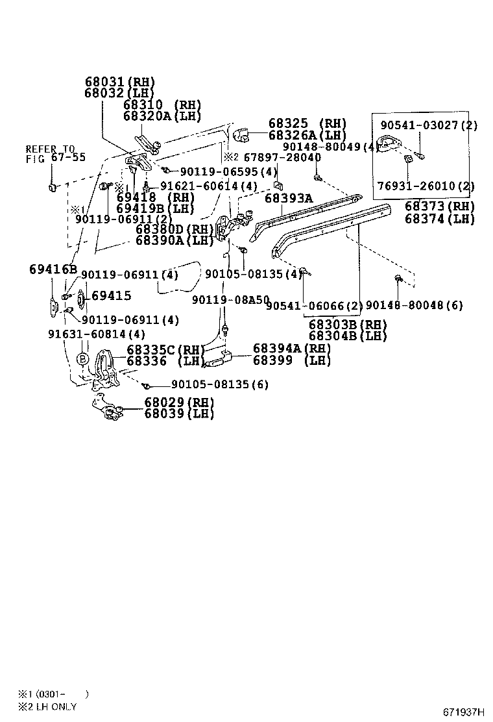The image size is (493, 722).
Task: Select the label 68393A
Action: click(x=288, y=197)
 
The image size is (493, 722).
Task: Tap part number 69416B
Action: click(x=53, y=269)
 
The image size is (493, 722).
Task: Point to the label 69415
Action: click(x=111, y=296)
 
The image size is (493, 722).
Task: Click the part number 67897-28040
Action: click(x=282, y=158)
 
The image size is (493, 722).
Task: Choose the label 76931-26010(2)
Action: click(x=426, y=186)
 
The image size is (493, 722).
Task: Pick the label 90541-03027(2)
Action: click(x=429, y=125)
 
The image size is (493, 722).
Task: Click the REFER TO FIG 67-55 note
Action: click(x=51, y=153)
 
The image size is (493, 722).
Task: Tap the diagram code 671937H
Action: click(x=463, y=712)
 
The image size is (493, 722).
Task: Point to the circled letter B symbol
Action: click(x=82, y=358)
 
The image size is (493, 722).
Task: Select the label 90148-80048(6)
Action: click(x=415, y=305)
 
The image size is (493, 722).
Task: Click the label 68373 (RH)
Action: click(x=439, y=207)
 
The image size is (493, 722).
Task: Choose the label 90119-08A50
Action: click(x=230, y=299)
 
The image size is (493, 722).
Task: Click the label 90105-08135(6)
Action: click(x=220, y=384)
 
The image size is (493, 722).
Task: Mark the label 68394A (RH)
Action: click(x=291, y=349)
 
